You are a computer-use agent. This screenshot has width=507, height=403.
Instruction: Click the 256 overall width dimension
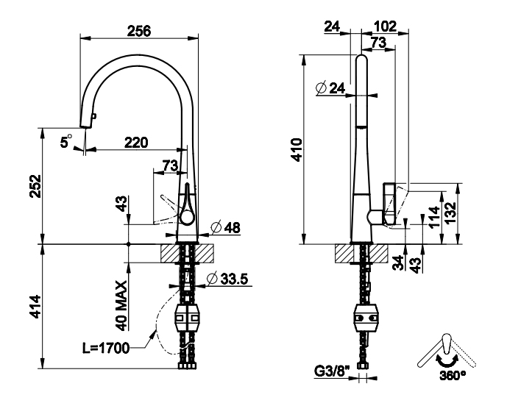click(x=139, y=31)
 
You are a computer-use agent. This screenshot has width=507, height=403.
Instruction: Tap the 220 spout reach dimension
click(x=136, y=142)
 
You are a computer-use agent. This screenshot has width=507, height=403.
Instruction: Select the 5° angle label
click(x=66, y=141)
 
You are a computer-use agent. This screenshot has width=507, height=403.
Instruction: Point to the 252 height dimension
click(x=35, y=186)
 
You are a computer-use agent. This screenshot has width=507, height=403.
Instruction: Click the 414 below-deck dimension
click(x=35, y=307)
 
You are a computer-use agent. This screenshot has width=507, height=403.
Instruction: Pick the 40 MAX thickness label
click(x=121, y=306)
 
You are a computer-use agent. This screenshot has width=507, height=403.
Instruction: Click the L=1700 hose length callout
click(x=106, y=348)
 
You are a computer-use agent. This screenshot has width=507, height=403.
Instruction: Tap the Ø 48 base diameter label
click(x=226, y=227)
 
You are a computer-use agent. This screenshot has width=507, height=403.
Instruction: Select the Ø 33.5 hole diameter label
click(x=227, y=279)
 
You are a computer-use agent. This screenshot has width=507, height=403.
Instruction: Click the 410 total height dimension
click(x=297, y=149)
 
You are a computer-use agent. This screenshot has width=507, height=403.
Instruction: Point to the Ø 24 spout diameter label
click(x=331, y=88)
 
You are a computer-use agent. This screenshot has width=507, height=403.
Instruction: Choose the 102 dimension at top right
click(x=385, y=26)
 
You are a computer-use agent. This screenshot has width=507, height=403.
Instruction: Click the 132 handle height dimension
click(x=450, y=213)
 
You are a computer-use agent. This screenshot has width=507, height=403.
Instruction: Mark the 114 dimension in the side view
click(x=435, y=217)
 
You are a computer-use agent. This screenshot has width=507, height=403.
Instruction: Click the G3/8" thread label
click(x=332, y=371)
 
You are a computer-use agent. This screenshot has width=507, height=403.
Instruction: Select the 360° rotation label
click(x=453, y=375)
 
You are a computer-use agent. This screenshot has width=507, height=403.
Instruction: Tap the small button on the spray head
click(x=94, y=115)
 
